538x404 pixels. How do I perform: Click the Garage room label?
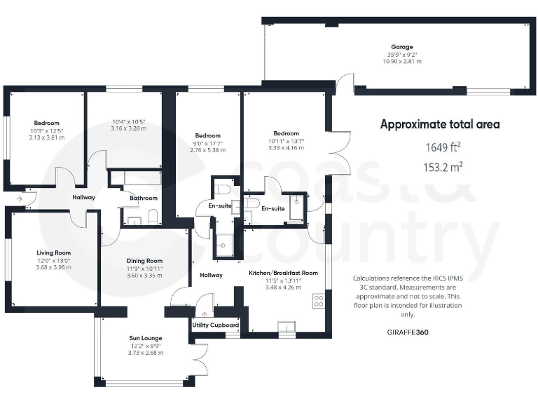pyautogui.click(x=402, y=47)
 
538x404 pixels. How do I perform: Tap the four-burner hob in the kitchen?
pyautogui.click(x=319, y=301)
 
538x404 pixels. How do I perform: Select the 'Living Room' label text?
pyautogui.click(x=54, y=252)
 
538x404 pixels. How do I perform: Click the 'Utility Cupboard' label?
pyautogui.click(x=216, y=325)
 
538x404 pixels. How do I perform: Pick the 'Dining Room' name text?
pyautogui.click(x=144, y=261)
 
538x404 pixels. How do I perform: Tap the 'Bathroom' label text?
pyautogui.click(x=144, y=198)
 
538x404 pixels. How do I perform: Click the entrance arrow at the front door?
pyautogui.click(x=17, y=198)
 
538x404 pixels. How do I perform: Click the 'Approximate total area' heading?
pyautogui.click(x=440, y=124)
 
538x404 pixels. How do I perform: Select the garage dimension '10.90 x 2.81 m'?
pyautogui.click(x=402, y=62)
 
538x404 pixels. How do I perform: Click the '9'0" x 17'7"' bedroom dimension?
pyautogui.click(x=207, y=143)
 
